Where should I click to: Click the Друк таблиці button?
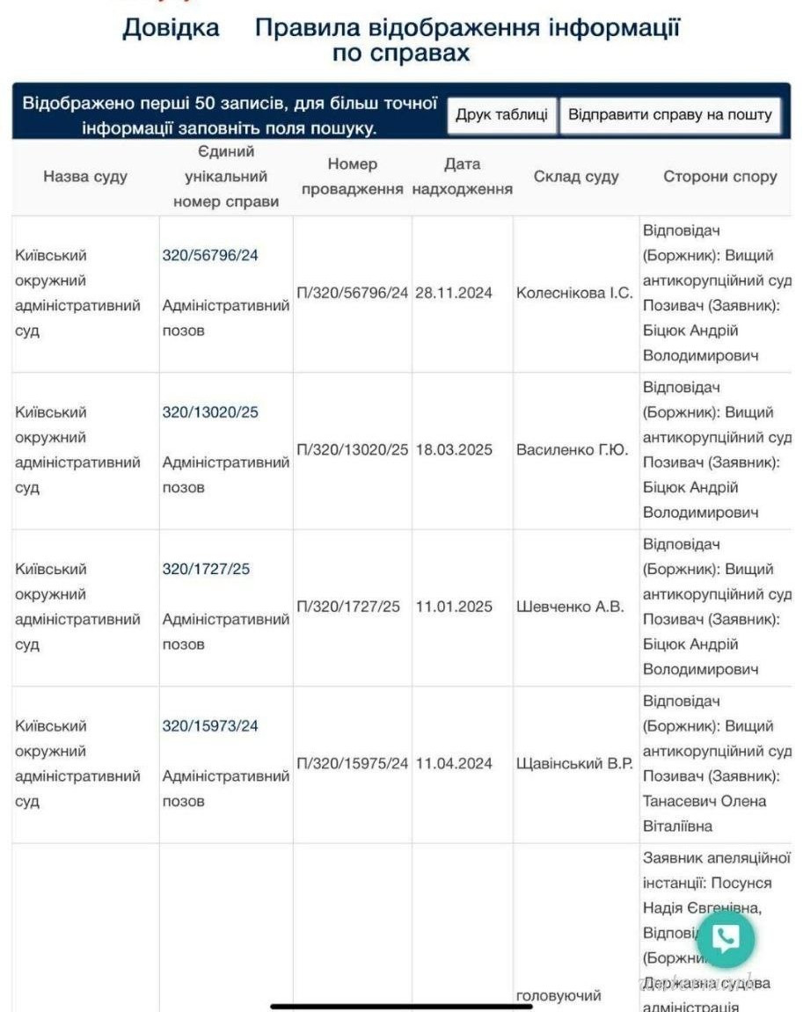click(x=501, y=115)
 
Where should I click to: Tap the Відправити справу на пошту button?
click(x=670, y=115)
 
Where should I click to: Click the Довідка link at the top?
click(x=171, y=27)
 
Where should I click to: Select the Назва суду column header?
click(x=85, y=177)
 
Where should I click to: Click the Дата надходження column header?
click(x=462, y=177)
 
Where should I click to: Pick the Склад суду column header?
click(x=576, y=177)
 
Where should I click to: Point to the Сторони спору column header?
click(x=719, y=177)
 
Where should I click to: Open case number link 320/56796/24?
click(x=210, y=255)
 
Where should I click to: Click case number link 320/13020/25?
click(x=210, y=411)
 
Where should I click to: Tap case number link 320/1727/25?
click(x=206, y=569)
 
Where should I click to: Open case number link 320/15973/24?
click(x=210, y=726)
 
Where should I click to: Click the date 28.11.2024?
click(x=454, y=293)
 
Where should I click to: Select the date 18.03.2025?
click(x=454, y=449)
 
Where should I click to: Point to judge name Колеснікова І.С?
click(x=574, y=293)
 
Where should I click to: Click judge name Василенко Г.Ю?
click(x=572, y=449)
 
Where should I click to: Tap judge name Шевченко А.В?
click(x=569, y=607)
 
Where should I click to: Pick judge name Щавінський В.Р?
click(x=574, y=763)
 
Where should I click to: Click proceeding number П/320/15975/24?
click(x=353, y=763)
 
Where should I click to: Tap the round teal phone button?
click(x=726, y=939)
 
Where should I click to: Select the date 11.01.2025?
click(x=454, y=607)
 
